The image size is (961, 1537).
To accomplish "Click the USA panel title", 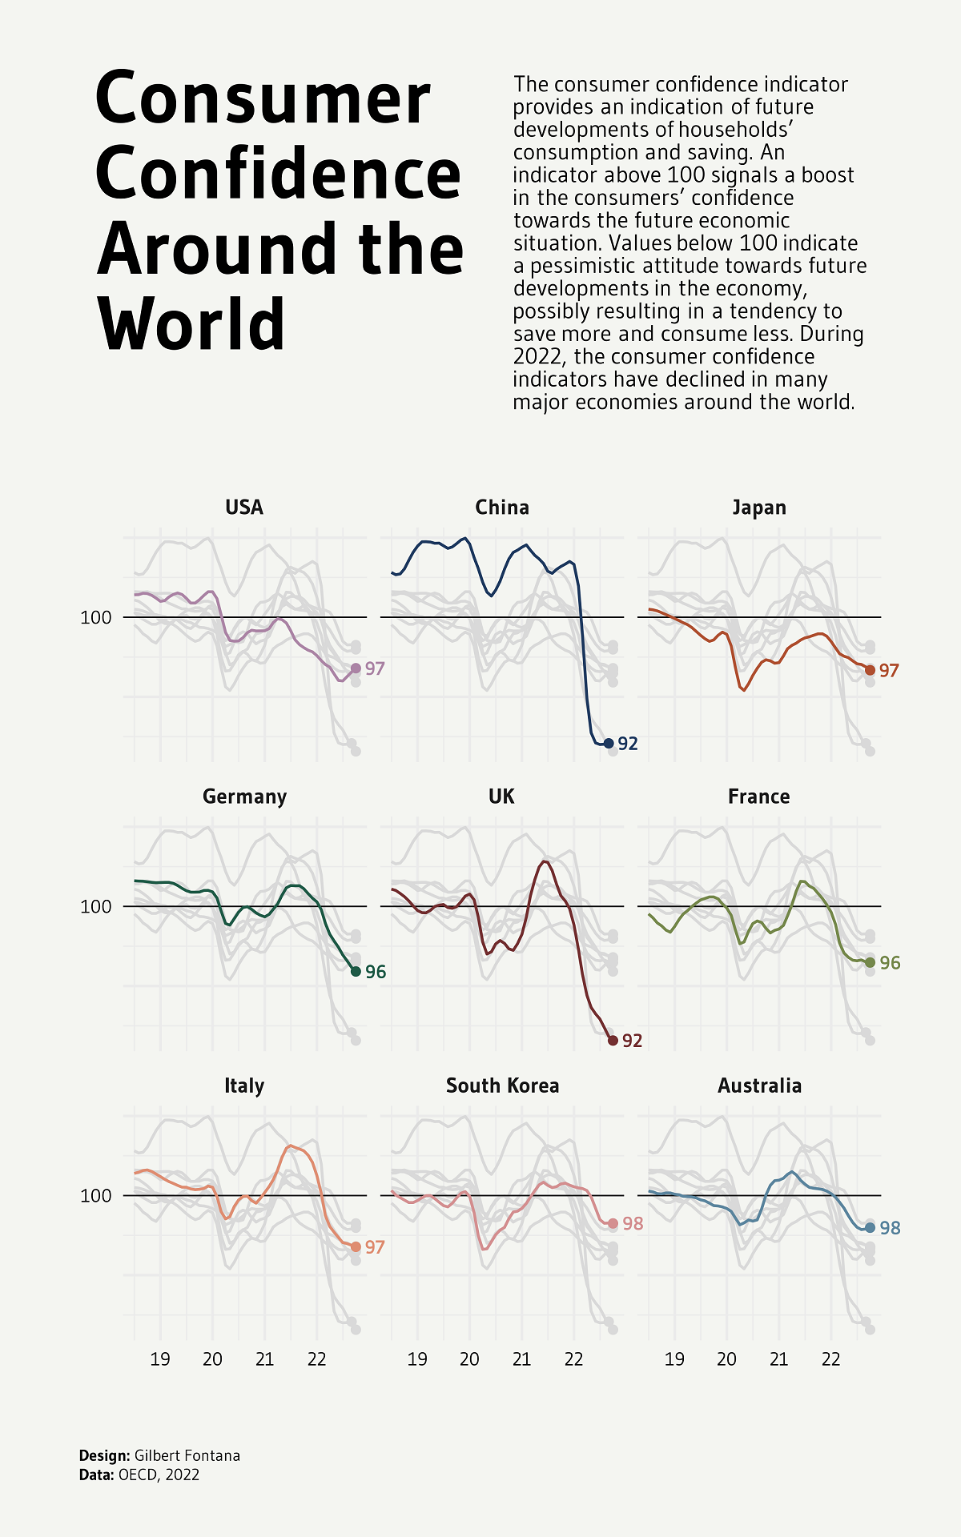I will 244,508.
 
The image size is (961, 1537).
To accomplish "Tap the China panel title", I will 502,508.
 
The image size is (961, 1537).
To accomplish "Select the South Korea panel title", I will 502,1086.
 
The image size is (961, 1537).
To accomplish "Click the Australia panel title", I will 759,1086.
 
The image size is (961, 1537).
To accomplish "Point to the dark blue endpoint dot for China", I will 609,744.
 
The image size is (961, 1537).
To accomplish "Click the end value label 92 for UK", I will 633,1041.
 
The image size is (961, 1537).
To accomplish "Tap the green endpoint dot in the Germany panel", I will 356,971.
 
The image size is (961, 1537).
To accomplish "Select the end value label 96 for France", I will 890,963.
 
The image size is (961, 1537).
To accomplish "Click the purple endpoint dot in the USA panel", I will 356,668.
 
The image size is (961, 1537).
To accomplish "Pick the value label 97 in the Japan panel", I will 889,671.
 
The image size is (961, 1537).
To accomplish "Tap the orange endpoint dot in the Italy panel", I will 356,1246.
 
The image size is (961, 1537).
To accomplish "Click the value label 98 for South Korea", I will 633,1223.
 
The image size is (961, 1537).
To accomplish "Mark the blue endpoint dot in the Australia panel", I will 870,1227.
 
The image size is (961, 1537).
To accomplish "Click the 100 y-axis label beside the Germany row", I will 95,906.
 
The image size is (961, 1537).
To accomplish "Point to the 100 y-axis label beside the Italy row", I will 95,1195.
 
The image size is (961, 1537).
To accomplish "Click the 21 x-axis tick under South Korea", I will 521,1358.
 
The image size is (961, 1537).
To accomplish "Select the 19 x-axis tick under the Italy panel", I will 160,1358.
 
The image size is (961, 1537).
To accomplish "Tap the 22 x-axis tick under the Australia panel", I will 831,1358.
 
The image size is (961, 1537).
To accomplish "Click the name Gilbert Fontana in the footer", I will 187,1455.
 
